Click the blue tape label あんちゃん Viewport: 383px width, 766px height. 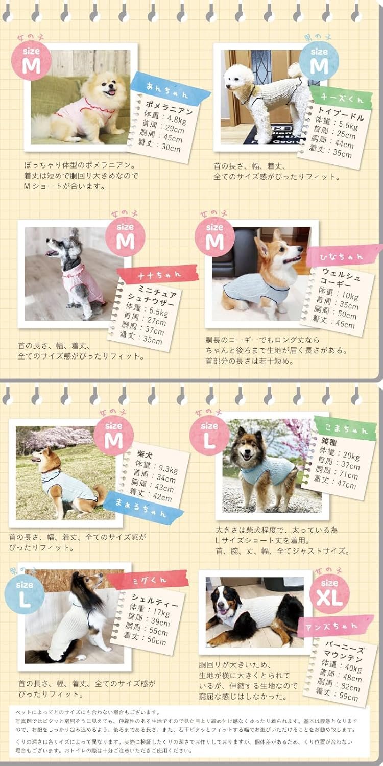pyautogui.click(x=170, y=88)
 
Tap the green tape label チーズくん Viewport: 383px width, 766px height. pyautogui.click(x=341, y=98)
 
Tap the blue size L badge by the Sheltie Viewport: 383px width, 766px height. pyautogui.click(x=25, y=594)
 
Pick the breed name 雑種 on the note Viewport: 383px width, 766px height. pyautogui.click(x=329, y=442)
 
